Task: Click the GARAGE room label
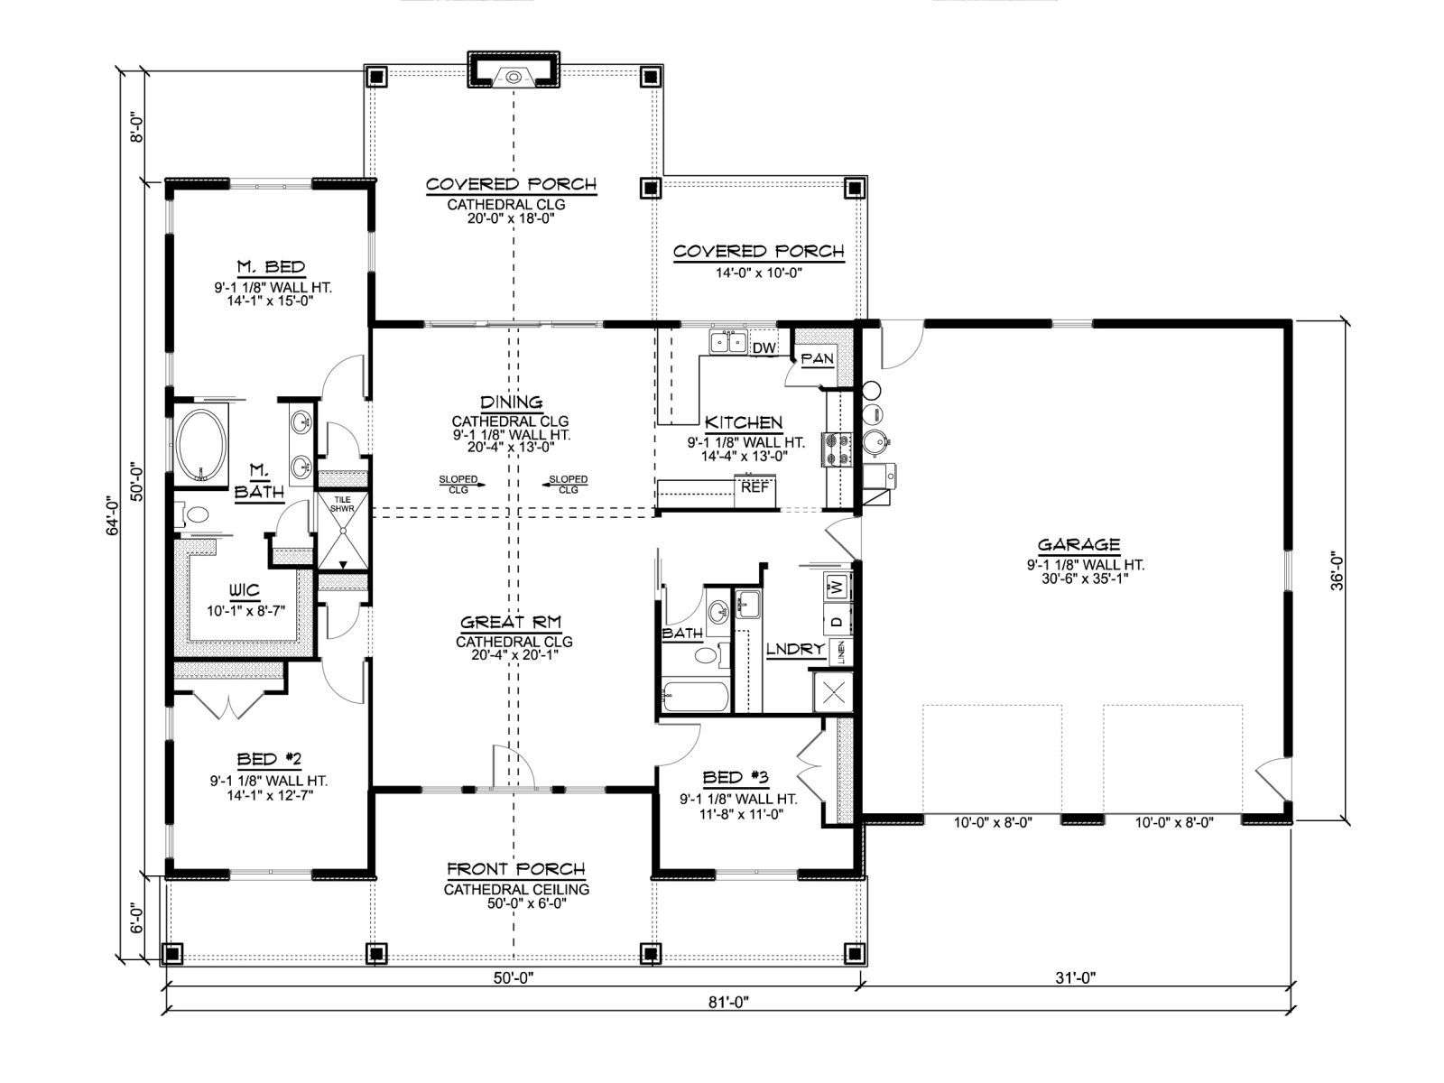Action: pos(1078,544)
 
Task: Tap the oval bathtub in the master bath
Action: pos(201,446)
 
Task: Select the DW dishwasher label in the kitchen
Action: pos(764,347)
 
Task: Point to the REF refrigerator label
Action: pos(754,488)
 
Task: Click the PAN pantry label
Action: pos(817,358)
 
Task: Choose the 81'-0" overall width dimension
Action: pos(729,1002)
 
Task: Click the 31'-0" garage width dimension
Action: pos(1076,977)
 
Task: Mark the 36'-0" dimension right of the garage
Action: pos(1337,570)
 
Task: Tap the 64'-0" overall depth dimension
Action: pos(113,518)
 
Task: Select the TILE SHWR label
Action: pos(342,504)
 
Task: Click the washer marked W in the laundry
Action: pos(836,585)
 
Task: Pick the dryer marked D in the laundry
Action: pos(836,620)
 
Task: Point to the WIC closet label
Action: pos(244,590)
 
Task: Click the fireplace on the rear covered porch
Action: pos(514,69)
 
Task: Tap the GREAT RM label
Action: pos(511,622)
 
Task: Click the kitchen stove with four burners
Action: pos(836,449)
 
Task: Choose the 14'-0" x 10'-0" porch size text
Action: pos(758,273)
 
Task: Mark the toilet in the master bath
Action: pos(193,514)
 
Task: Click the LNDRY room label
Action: pos(795,649)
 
